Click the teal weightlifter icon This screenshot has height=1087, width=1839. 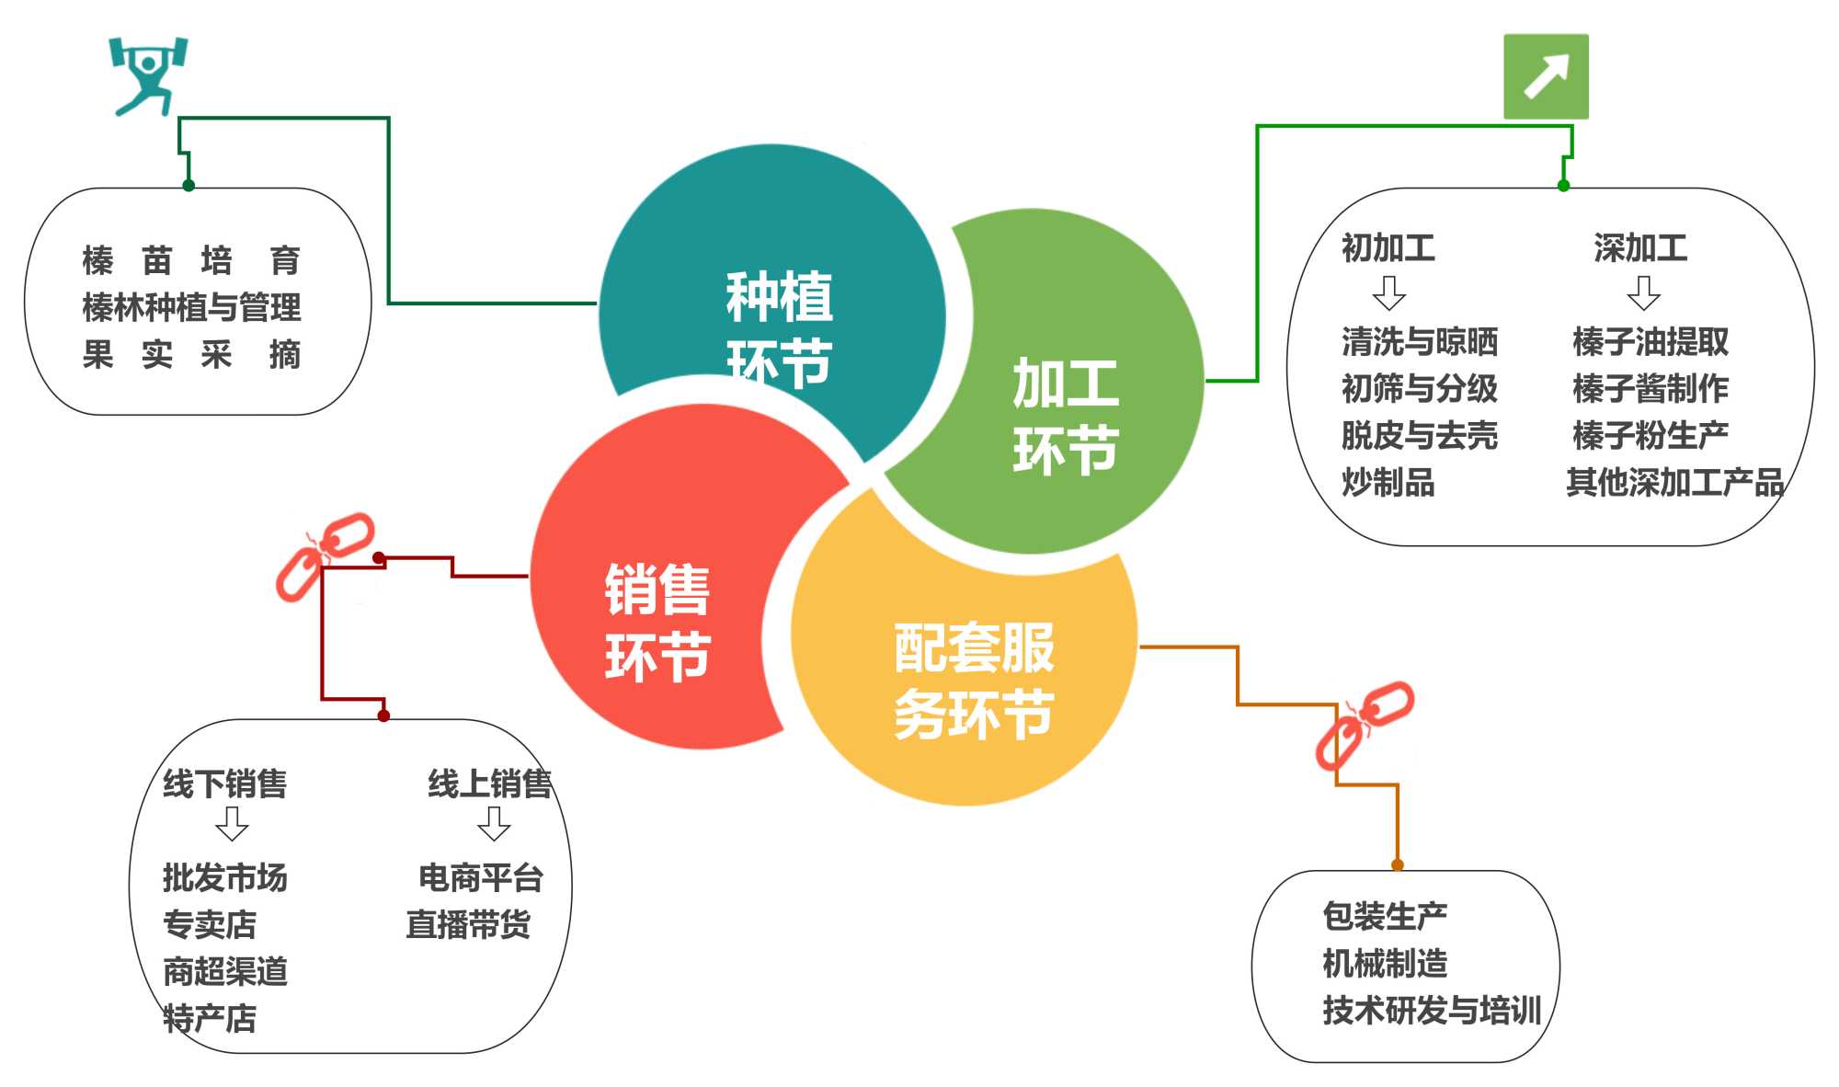tap(147, 75)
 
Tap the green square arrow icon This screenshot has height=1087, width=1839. tap(1546, 76)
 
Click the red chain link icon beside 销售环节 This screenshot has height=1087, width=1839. tap(326, 556)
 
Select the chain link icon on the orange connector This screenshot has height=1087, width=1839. tap(1365, 725)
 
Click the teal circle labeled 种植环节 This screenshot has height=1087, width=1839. tap(772, 294)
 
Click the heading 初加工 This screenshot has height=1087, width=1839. tap(1388, 248)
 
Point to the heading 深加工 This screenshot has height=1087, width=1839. tap(1640, 248)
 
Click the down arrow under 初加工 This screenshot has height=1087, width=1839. tap(1388, 293)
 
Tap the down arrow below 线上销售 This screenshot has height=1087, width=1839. tap(494, 824)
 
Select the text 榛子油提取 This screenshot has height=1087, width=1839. tap(1651, 342)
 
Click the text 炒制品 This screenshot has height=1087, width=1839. tap(1388, 483)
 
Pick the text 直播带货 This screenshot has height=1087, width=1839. tap(468, 924)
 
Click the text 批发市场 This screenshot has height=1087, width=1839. tap(225, 878)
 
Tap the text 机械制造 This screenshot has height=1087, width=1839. tap(1385, 964)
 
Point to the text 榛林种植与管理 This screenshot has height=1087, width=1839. tap(191, 308)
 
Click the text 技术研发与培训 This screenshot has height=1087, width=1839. tap(1432, 1011)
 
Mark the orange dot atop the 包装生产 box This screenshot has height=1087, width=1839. tap(1398, 864)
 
